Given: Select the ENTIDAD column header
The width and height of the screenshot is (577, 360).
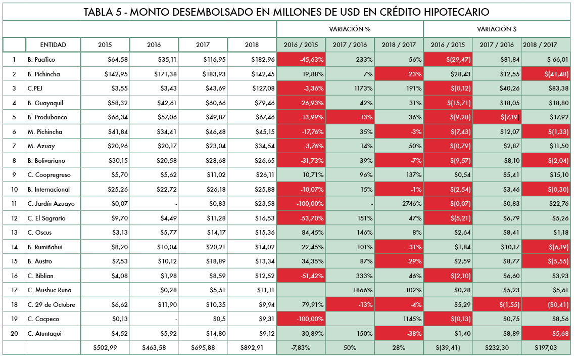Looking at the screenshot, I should pos(53,45).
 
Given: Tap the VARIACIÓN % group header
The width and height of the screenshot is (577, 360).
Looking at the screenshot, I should pos(350,29).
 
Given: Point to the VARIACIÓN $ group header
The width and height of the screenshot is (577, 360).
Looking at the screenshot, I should pos(497,29).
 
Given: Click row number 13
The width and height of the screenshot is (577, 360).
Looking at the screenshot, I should pos(14,233).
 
